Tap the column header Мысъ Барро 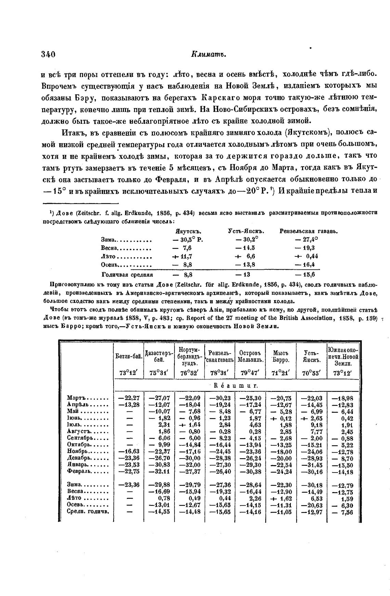coord(281,356)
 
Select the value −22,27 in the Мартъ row coord(129,398)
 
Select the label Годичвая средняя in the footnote coord(127,275)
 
